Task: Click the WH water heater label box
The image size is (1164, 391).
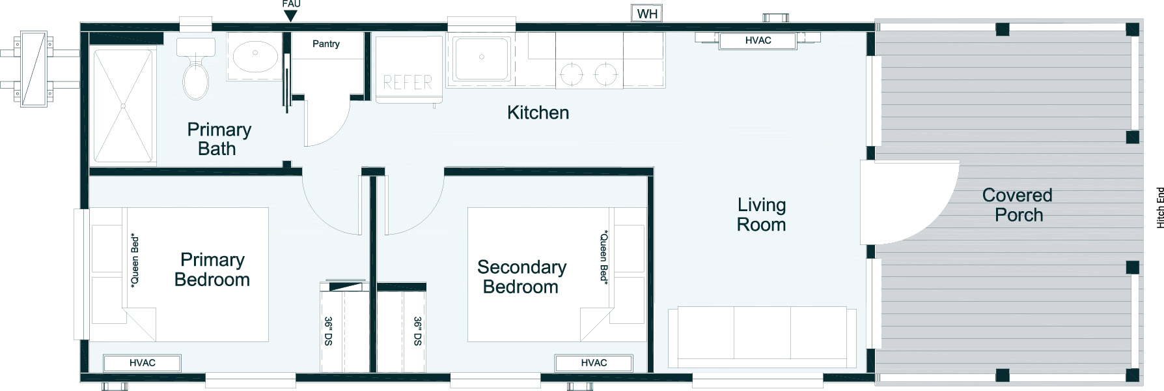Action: (x=647, y=14)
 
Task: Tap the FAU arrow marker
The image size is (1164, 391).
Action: (x=291, y=16)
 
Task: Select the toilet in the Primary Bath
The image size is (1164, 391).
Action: (x=195, y=68)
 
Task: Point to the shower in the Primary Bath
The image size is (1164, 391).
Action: (x=123, y=96)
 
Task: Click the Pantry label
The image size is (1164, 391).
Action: (x=326, y=44)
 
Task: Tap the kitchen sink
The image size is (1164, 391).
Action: (x=482, y=59)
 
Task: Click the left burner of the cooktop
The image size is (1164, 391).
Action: (x=571, y=75)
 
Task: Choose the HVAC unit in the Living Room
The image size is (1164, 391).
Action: (x=758, y=40)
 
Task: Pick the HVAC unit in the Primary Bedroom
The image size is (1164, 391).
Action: (x=142, y=363)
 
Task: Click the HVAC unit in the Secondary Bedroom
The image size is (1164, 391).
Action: (x=594, y=363)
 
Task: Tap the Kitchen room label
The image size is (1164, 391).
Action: (x=538, y=113)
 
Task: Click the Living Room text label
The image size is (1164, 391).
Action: (x=762, y=215)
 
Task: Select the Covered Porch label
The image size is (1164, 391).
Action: (x=1018, y=205)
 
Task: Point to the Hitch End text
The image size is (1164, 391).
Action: (x=1159, y=208)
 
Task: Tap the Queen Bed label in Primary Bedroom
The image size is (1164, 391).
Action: (x=135, y=260)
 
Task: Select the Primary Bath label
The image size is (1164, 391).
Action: (x=219, y=139)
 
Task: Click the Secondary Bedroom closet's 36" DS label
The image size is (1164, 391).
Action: (x=417, y=331)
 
